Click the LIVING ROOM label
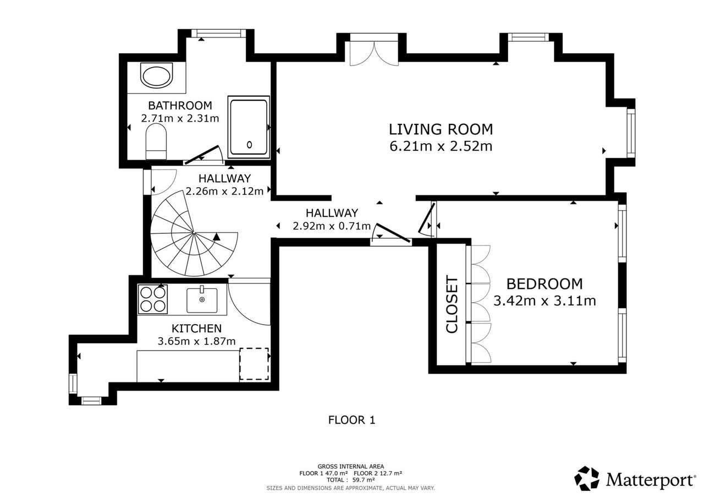tap(441, 129)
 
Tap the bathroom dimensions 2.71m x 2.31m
tap(180, 118)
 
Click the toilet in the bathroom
tap(156, 141)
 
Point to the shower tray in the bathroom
tap(249, 127)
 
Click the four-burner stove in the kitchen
tap(153, 299)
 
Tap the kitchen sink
tap(202, 300)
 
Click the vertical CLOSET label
tap(452, 304)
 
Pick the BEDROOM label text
tap(544, 284)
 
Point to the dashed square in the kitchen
tap(254, 364)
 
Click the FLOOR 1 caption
tap(351, 420)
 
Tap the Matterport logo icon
tap(587, 478)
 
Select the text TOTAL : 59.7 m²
tap(350, 480)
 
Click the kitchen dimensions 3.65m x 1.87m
tap(196, 341)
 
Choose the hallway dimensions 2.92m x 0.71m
tap(332, 226)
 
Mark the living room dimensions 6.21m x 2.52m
tap(441, 146)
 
